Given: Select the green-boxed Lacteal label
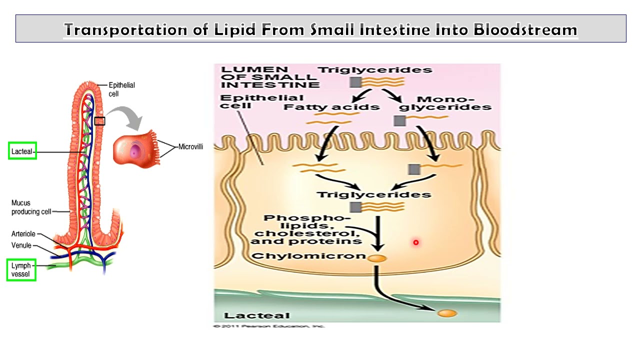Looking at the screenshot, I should coord(22,151).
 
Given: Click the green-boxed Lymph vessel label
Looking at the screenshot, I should coord(21,269).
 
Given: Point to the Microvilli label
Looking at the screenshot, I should coord(190,147).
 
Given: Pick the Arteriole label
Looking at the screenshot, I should coord(23,234).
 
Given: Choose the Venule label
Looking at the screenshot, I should coord(21,245).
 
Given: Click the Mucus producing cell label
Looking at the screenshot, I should coord(31,207).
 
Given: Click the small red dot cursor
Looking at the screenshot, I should coord(415,242).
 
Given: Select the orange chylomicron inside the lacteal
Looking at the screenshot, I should coord(447,313).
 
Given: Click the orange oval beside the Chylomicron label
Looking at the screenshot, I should coord(377,258).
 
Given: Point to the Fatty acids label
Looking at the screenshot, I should coord(331,107).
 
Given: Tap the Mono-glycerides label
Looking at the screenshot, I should coord(445,103).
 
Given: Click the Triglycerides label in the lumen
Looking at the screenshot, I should coord(375,70).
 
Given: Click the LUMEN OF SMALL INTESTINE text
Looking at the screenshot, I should coord(269,76).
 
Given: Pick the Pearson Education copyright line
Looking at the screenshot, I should coord(269,326).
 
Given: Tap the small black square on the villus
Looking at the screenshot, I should coord(100,121).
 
